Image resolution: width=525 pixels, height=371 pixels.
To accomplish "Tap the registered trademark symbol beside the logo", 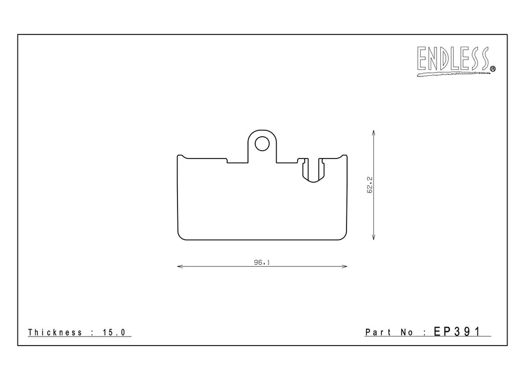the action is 493,69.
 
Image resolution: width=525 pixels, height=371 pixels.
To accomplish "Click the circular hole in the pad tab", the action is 262,144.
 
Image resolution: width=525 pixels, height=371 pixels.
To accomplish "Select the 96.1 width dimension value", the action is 262,262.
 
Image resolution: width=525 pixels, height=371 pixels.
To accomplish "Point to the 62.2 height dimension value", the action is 370,185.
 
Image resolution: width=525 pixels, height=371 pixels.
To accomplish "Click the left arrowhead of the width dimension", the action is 180,267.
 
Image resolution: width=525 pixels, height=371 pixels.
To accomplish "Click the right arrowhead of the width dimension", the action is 344,267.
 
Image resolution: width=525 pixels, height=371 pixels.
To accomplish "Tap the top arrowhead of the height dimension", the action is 373,133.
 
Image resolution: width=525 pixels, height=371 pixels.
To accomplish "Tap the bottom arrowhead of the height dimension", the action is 373,237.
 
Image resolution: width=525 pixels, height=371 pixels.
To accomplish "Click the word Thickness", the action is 55,332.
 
